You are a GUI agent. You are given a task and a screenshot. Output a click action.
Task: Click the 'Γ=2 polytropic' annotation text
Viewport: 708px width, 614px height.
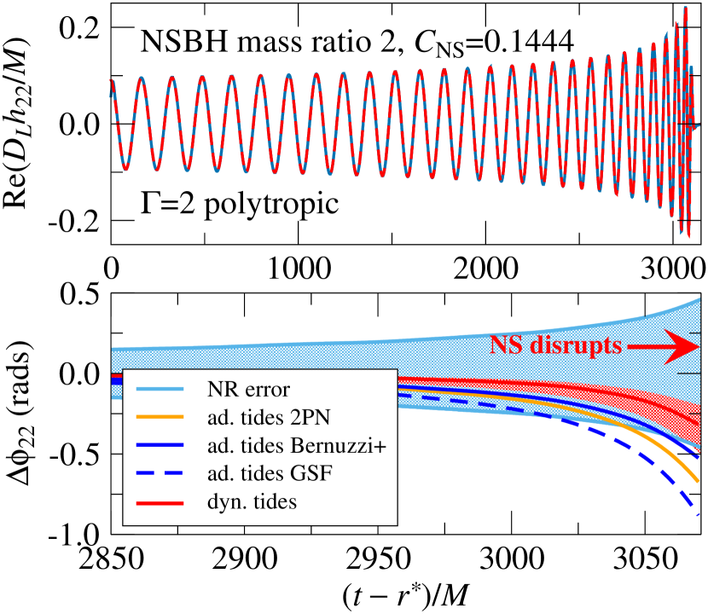pyautogui.click(x=213, y=206)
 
